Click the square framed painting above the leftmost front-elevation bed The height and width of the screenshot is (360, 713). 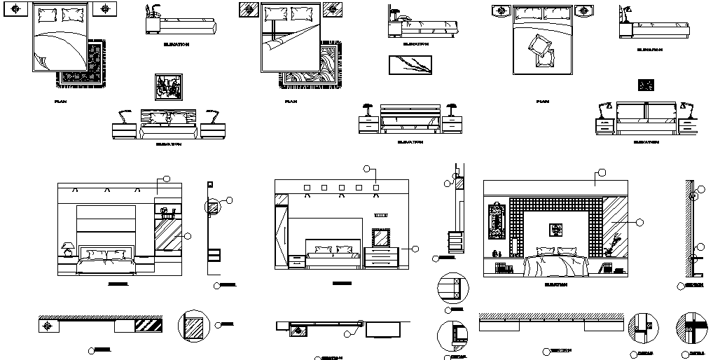168,88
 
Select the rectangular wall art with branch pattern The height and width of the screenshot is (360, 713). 410,64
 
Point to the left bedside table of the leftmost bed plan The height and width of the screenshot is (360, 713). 18,9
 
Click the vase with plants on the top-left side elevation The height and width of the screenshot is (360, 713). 151,12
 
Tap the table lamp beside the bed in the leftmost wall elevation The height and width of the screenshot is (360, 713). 68,249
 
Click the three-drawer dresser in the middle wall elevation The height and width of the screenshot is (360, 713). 382,257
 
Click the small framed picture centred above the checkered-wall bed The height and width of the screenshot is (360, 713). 555,228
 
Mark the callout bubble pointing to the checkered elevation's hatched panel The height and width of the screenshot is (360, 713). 639,222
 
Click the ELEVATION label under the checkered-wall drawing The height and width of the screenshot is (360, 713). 555,285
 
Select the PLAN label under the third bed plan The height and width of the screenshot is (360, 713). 542,102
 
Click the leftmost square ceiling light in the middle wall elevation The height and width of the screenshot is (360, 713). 307,187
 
